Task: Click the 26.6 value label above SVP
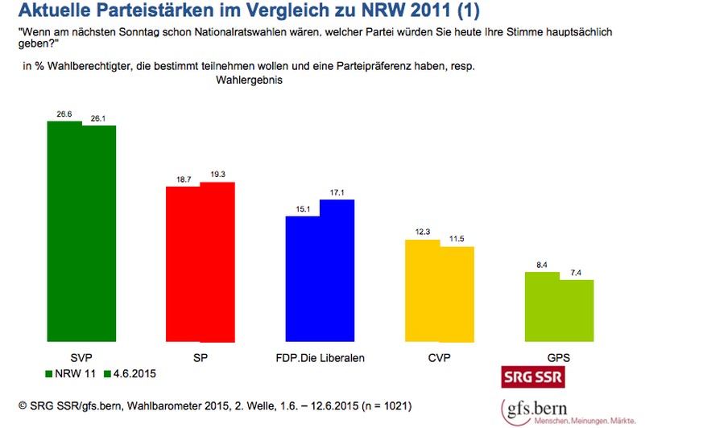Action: tap(64, 114)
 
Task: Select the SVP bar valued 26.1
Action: tap(99, 233)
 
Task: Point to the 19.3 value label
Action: tap(217, 174)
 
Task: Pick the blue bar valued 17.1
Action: tap(337, 270)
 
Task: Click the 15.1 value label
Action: tap(302, 208)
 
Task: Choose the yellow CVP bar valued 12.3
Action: tap(422, 290)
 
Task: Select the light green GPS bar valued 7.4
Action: tap(577, 310)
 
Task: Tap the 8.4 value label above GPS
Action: tap(541, 264)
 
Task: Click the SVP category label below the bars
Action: tap(81, 357)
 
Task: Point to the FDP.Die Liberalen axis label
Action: tap(320, 357)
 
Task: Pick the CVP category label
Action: tap(439, 357)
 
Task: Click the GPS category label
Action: tap(559, 357)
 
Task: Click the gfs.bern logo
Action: tap(568, 410)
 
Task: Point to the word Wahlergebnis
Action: tap(249, 80)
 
